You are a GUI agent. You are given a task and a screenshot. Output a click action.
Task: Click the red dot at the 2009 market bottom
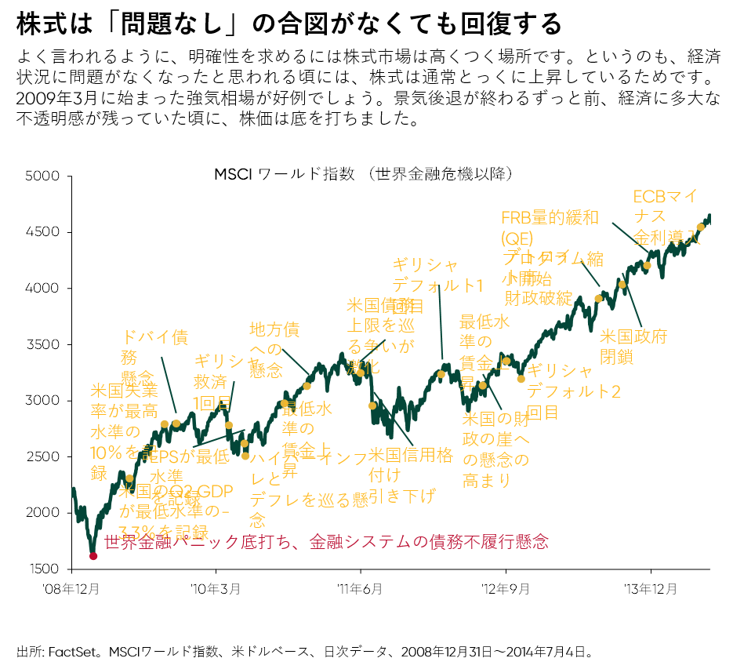93,556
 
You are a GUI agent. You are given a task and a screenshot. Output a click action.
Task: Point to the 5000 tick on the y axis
44,176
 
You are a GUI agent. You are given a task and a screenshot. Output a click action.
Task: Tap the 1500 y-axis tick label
44,569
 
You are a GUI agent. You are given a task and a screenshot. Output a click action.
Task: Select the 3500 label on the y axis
44,344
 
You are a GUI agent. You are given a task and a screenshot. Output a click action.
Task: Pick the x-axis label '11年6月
361,588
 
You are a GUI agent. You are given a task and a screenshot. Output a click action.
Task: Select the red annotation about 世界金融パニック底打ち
325,541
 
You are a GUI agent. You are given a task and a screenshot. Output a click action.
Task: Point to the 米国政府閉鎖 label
633,346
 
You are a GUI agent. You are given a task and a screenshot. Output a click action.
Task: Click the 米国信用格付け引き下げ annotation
410,474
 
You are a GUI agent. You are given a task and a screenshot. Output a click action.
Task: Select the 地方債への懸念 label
274,349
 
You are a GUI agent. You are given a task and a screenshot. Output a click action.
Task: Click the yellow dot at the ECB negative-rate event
701,227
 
